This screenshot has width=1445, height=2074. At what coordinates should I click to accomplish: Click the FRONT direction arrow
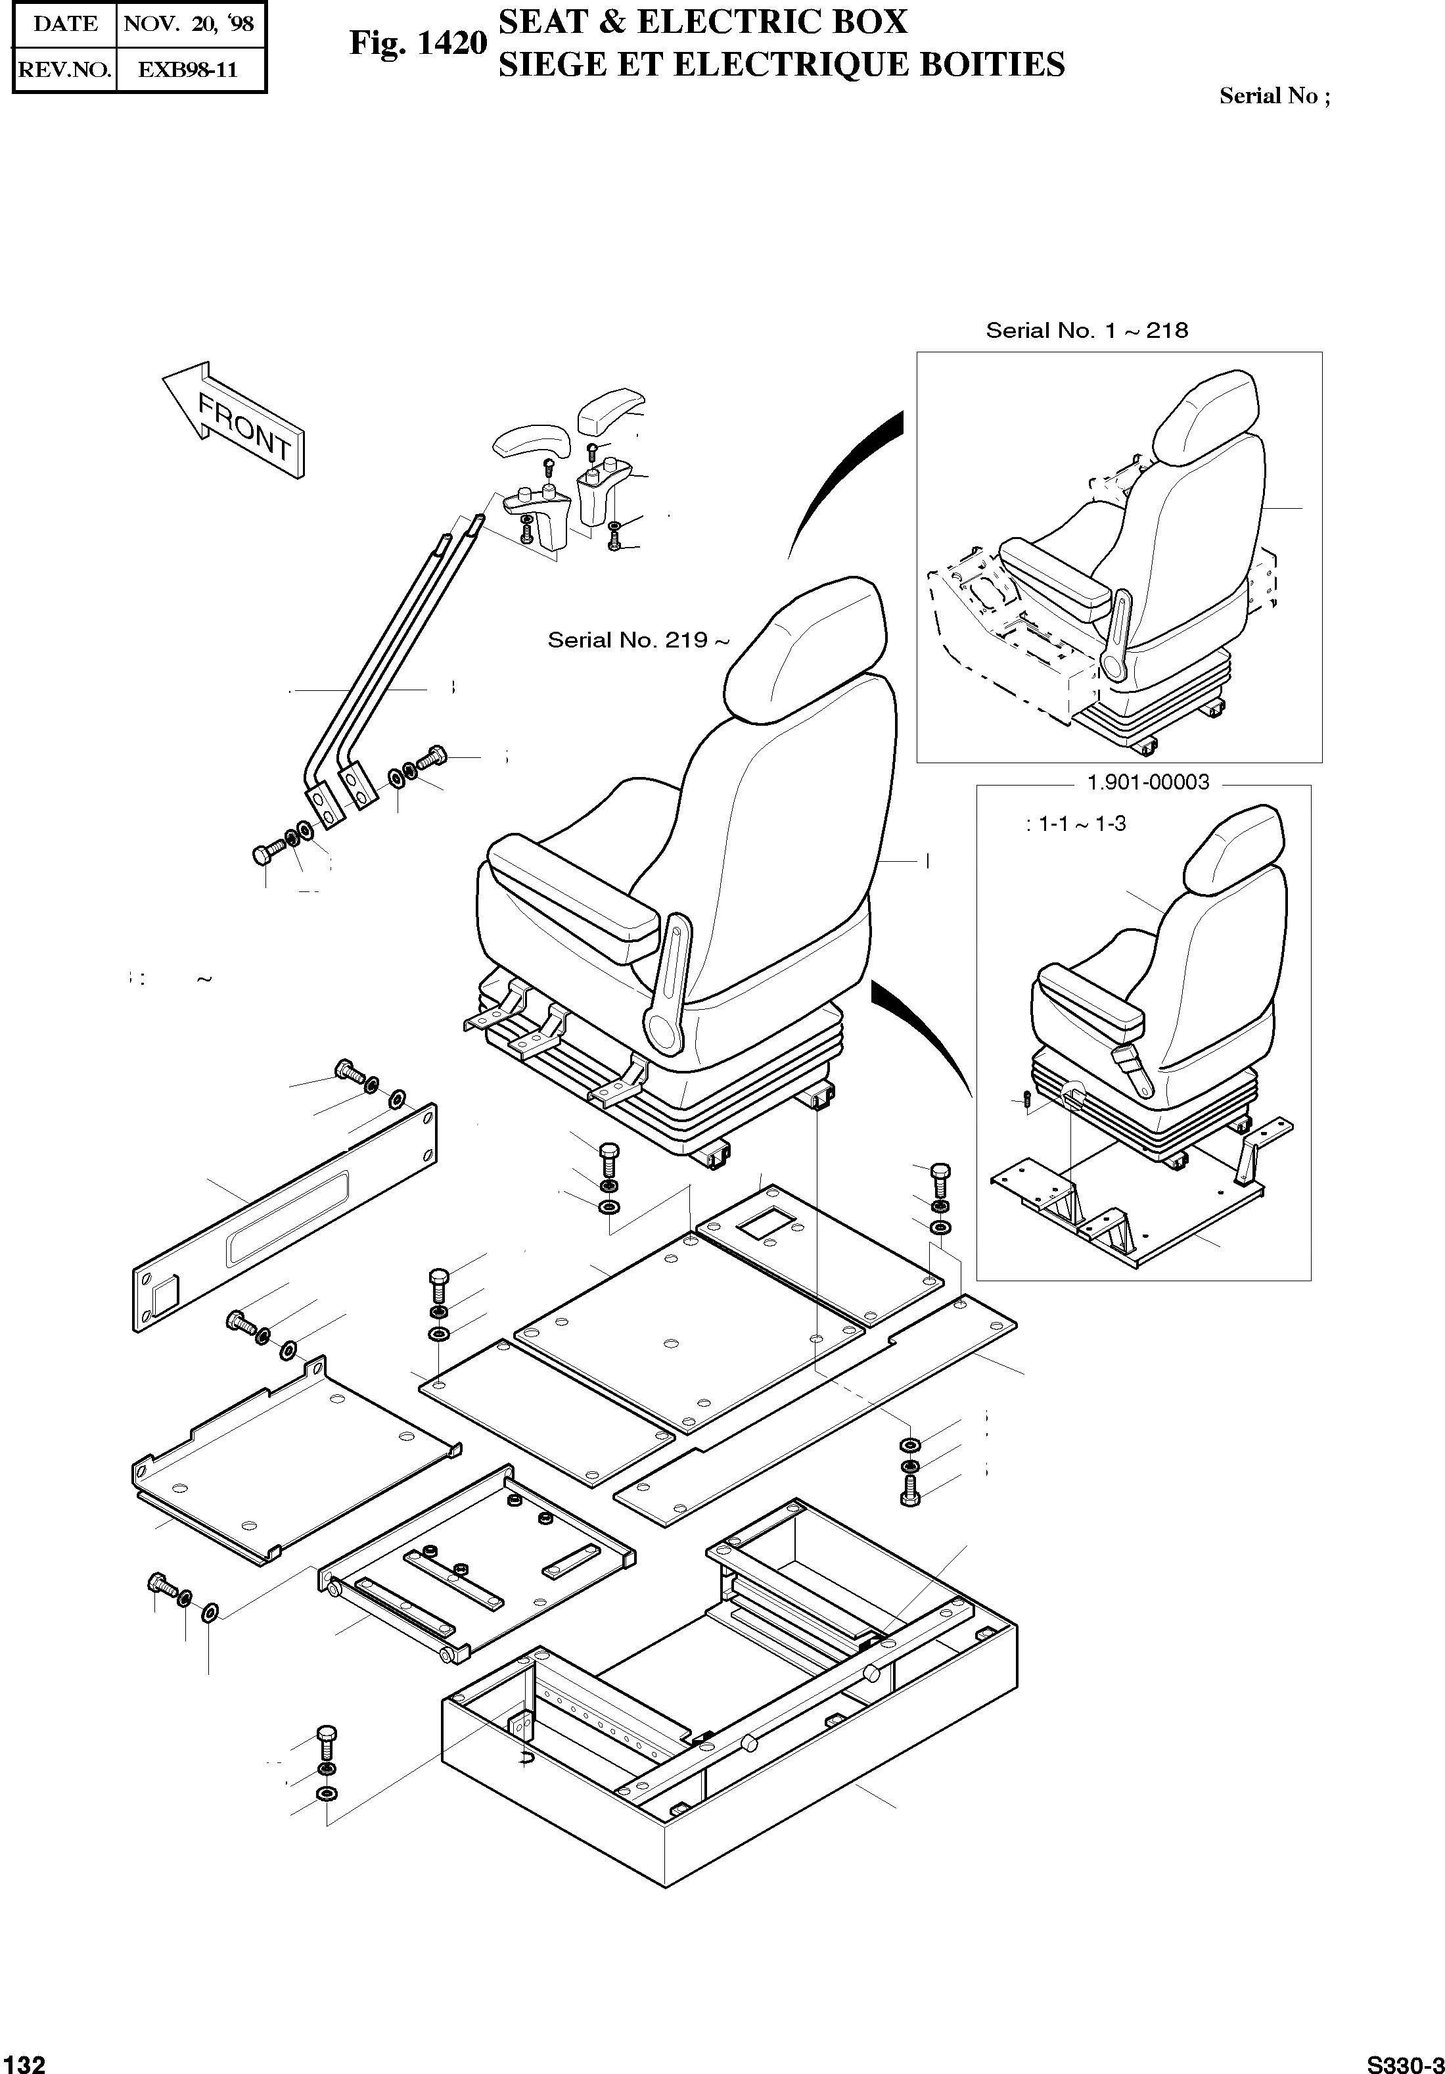click(x=233, y=419)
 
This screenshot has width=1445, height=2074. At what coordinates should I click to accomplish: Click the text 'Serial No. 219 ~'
click(x=637, y=640)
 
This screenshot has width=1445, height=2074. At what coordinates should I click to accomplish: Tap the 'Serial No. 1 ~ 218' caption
click(x=1086, y=331)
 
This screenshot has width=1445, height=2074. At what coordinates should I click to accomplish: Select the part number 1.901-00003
click(x=1148, y=782)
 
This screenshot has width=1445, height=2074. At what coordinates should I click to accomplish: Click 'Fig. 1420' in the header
click(x=418, y=43)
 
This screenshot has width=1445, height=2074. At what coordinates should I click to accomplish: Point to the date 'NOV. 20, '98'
click(x=189, y=24)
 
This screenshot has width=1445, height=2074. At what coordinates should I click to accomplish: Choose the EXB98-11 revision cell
click(x=188, y=70)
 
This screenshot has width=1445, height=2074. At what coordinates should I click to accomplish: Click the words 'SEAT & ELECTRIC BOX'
click(x=702, y=21)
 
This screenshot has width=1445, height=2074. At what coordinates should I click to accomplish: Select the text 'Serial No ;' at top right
click(x=1274, y=96)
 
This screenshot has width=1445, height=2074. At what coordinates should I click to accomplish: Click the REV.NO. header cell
click(x=65, y=70)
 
